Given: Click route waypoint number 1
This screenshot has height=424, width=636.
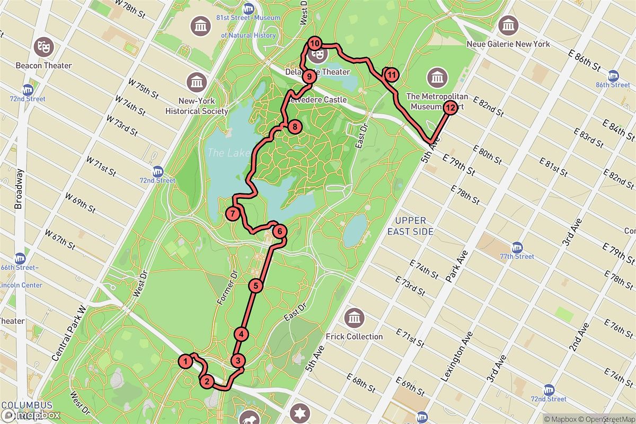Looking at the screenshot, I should coord(185,361).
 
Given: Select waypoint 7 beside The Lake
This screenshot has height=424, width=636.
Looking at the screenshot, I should coord(233,214).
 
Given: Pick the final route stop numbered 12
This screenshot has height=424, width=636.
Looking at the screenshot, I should coord(449,109).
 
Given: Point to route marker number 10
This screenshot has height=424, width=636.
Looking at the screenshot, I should coord(315,43).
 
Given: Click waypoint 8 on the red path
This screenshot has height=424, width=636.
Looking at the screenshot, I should coord(294,127).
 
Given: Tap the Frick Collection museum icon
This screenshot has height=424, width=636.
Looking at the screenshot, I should coord(353,319).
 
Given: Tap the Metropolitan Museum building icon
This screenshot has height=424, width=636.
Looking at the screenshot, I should coord(437,78).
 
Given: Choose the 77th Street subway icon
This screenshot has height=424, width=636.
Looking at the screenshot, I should coord(517,248).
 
